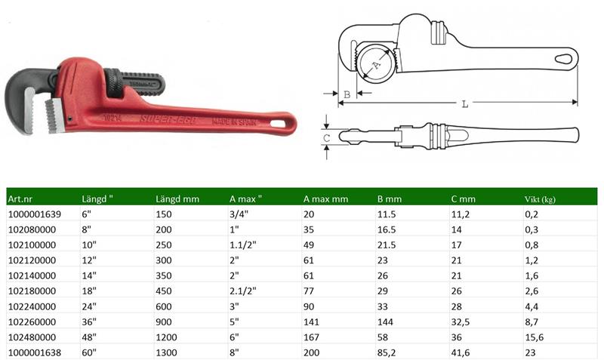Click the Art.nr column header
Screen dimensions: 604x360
(x=20, y=199)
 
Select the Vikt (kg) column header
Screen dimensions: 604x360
(x=540, y=199)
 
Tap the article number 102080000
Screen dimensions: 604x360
(x=32, y=230)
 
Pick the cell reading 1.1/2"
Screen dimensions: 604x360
(x=243, y=245)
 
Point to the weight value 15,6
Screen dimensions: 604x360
(x=535, y=337)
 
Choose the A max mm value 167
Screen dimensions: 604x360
(x=311, y=337)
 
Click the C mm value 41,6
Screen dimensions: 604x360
(x=461, y=353)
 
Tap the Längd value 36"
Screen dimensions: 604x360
(x=89, y=322)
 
